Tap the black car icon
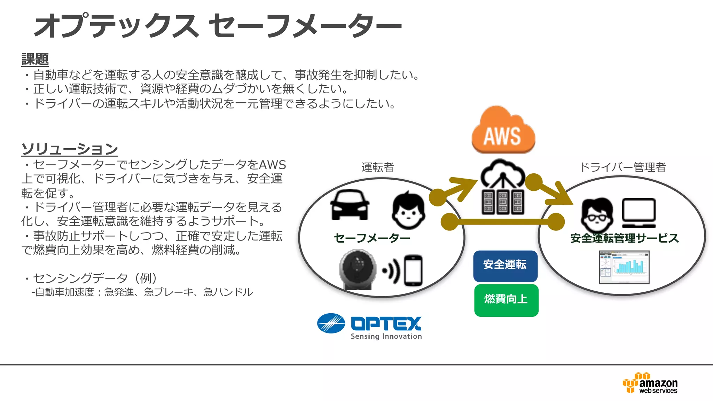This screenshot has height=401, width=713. pos(350,205)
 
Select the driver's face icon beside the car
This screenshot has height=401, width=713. pos(408,210)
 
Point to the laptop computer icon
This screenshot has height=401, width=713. pos(638,212)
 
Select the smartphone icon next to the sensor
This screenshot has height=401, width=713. pos(413,270)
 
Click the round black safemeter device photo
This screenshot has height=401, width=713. pos(358,269)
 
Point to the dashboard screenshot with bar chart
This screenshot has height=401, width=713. pos(624,267)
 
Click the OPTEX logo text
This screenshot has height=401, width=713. pos(386,323)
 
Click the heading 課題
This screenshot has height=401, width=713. pos(35,59)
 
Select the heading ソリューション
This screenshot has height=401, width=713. pos(70,149)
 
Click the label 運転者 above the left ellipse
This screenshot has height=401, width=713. pos(377,167)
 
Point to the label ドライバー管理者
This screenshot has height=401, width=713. pos(622,167)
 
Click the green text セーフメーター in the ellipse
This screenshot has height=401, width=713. pos(372,238)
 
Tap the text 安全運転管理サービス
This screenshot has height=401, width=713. pos(625,238)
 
